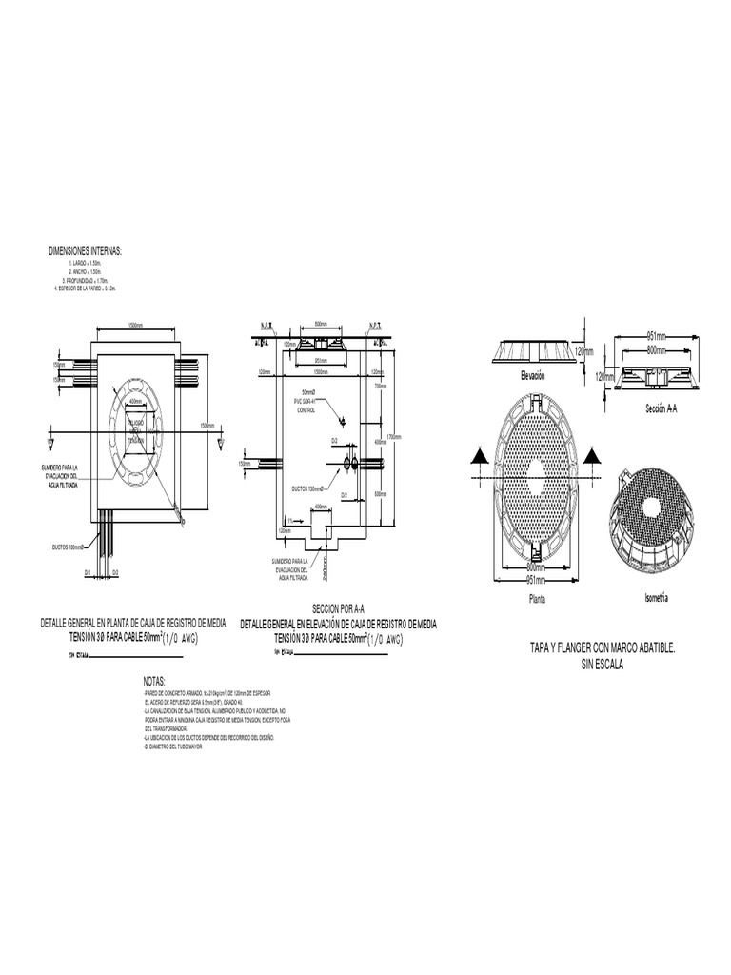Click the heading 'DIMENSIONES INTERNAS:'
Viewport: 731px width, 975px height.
85,251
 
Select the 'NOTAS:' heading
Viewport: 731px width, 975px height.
154,682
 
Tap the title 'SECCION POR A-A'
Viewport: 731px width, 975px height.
339,609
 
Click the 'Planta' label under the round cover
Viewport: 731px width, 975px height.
537,599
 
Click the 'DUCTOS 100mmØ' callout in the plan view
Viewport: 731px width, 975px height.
69,547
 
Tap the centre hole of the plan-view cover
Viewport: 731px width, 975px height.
536,469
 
